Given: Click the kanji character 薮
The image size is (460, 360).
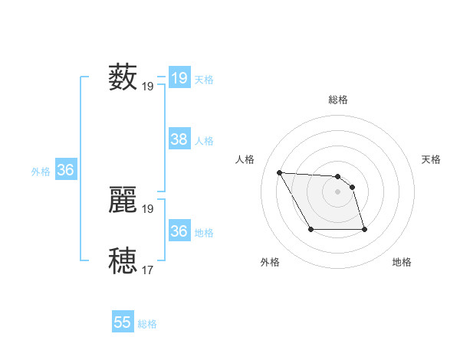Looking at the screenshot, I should (x=123, y=77).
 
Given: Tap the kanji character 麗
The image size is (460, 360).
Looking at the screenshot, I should (x=123, y=199).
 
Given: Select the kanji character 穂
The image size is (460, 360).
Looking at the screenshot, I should (x=123, y=260).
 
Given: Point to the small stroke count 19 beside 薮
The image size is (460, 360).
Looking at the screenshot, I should (x=148, y=87).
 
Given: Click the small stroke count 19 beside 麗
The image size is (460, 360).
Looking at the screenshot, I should (x=148, y=208).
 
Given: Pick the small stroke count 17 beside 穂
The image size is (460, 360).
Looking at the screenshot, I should (x=148, y=270).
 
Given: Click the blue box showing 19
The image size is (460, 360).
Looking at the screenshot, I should (x=179, y=78).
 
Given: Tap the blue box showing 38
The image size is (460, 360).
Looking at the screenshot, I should (x=179, y=139).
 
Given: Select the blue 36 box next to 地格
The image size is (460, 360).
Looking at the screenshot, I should (x=179, y=231).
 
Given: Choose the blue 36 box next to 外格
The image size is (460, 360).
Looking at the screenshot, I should (x=65, y=170).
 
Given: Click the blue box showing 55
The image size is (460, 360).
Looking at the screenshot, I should (x=123, y=322).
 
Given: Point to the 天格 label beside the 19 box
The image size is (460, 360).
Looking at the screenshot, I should (x=204, y=80).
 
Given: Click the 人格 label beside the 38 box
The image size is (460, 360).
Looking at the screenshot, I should (x=204, y=141).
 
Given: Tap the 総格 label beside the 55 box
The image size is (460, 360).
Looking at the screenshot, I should (x=147, y=324).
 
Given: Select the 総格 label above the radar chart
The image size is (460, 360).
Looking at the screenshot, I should (x=338, y=100).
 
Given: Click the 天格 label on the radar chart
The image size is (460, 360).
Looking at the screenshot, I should (x=432, y=159).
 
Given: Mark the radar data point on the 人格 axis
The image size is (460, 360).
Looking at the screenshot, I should (x=279, y=172).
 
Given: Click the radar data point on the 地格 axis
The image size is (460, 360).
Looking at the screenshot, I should (x=363, y=230).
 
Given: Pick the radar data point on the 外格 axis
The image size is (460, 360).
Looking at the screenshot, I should (x=310, y=229).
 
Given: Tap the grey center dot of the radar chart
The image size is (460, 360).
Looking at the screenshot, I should (x=338, y=191).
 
